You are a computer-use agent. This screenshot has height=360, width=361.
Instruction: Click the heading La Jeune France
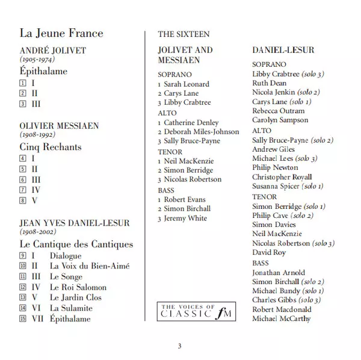(61, 33)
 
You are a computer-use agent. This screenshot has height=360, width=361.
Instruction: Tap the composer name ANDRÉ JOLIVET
(53, 51)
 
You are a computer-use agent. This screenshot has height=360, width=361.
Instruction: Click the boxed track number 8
(23, 200)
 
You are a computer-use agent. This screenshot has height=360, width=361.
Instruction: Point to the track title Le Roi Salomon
(78, 287)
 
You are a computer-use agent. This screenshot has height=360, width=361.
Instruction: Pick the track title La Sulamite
(72, 308)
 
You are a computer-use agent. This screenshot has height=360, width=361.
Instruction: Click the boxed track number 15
(23, 319)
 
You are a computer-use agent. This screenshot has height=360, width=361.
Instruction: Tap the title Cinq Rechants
(51, 147)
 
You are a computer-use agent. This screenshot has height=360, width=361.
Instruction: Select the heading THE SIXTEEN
(184, 34)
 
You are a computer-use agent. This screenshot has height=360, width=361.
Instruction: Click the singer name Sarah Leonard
(187, 84)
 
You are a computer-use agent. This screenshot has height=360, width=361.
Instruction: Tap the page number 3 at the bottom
(179, 346)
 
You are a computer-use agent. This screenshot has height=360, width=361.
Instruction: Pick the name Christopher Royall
(282, 177)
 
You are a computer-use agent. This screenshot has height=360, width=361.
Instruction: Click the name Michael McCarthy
(281, 318)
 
